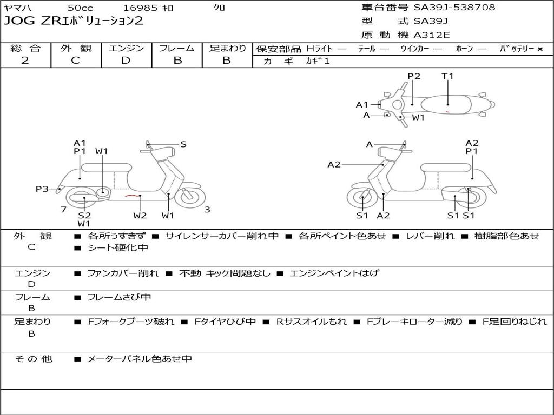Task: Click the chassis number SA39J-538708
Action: (454, 8)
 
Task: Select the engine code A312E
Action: (431, 35)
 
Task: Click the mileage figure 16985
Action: (141, 8)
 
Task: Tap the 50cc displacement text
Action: (80, 8)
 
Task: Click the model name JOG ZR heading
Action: (74, 22)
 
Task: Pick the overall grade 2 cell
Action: (25, 61)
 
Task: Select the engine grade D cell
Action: (126, 61)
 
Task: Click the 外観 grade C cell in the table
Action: (76, 61)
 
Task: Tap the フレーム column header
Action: (176, 49)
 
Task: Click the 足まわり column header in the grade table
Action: (227, 49)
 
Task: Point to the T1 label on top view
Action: (447, 76)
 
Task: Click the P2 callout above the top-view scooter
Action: (414, 76)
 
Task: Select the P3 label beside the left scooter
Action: (42, 189)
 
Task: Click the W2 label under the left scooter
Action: (140, 216)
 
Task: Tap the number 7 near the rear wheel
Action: (63, 210)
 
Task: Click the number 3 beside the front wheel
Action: (207, 210)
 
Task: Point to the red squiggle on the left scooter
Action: (130, 196)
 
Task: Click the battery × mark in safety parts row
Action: (540, 49)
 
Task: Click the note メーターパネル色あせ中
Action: (140, 359)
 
